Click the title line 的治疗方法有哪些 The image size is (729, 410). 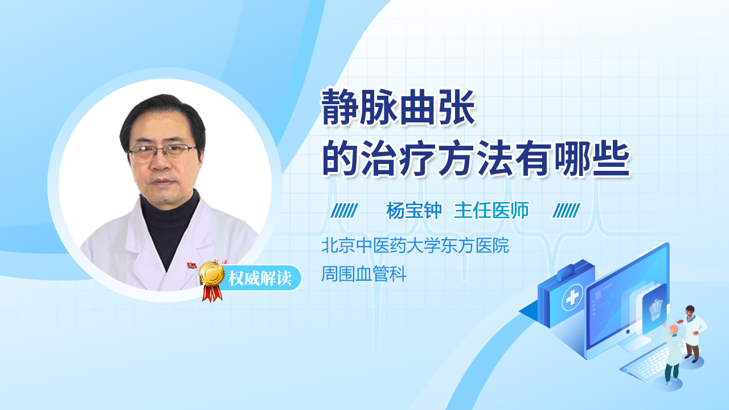coord(476,159)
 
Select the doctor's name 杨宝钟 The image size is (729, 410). coord(414,211)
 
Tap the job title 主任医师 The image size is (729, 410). coord(492,211)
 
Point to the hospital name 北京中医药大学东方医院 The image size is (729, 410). coord(415,246)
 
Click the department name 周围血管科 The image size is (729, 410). coord(364,275)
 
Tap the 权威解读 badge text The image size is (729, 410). coord(259,278)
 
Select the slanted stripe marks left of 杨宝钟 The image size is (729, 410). coord(344,211)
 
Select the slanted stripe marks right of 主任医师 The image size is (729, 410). coord(566,211)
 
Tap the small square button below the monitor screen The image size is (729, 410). coord(628,331)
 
